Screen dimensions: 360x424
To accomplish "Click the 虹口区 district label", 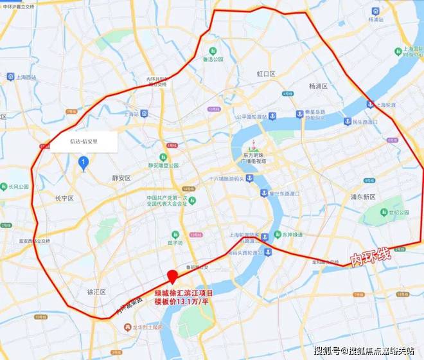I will (x=266, y=74).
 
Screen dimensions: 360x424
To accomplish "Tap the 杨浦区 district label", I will (x=319, y=85).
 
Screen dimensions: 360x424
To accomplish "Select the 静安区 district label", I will (x=121, y=178).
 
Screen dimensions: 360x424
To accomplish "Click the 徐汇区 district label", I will (x=96, y=292).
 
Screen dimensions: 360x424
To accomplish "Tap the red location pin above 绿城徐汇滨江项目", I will (x=172, y=278).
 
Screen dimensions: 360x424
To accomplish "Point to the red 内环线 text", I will (x=370, y=256).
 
